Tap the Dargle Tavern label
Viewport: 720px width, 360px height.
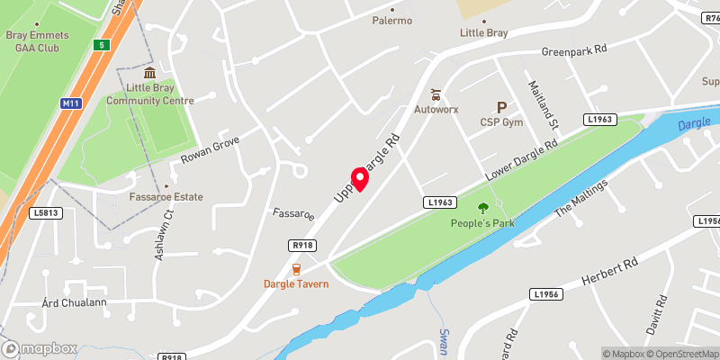coord(295,284)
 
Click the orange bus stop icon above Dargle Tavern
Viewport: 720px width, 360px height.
coord(296,269)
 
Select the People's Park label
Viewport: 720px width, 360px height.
coord(488,222)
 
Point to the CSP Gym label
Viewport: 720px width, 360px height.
coord(501,121)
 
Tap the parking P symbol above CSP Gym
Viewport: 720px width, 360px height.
coord(501,107)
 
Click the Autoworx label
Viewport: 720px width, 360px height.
coord(436,109)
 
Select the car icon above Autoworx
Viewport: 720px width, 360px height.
coord(436,94)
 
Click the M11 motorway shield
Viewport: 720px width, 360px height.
coord(71,104)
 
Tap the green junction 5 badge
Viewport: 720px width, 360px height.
coord(104,44)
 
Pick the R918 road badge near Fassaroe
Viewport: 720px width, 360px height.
coord(301,245)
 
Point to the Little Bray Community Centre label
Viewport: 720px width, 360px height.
coord(149,94)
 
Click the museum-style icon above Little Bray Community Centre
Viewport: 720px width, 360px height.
coord(149,73)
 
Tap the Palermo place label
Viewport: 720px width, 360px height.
coord(392,21)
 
